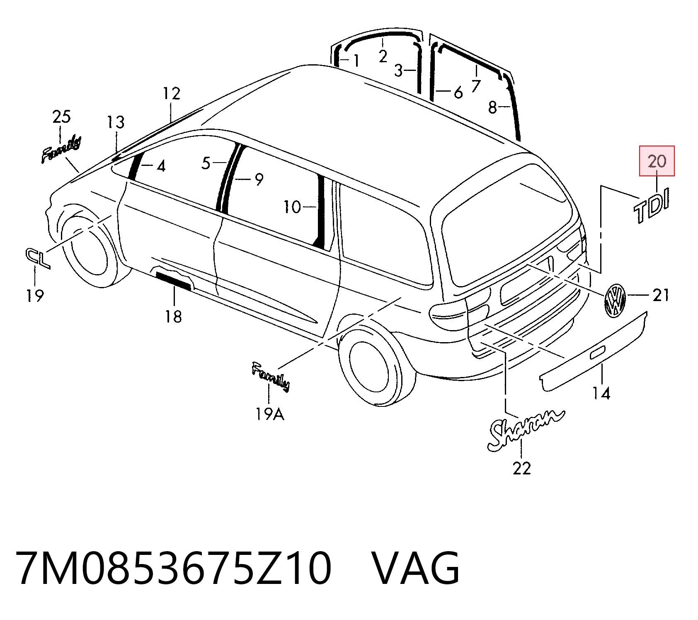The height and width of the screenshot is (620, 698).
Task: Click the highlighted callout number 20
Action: (657, 161)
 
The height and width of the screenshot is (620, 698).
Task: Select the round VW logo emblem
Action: (615, 301)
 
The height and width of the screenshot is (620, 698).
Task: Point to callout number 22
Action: (521, 468)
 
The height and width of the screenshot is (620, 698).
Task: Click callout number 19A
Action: (270, 413)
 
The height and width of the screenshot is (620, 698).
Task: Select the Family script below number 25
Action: (61, 149)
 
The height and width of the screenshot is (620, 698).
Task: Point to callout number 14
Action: (601, 393)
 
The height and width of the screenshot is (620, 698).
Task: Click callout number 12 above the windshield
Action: (171, 94)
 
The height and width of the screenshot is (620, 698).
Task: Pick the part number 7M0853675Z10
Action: (173, 568)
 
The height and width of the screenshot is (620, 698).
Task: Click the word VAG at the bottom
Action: (415, 568)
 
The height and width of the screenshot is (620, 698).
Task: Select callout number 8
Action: (492, 108)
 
